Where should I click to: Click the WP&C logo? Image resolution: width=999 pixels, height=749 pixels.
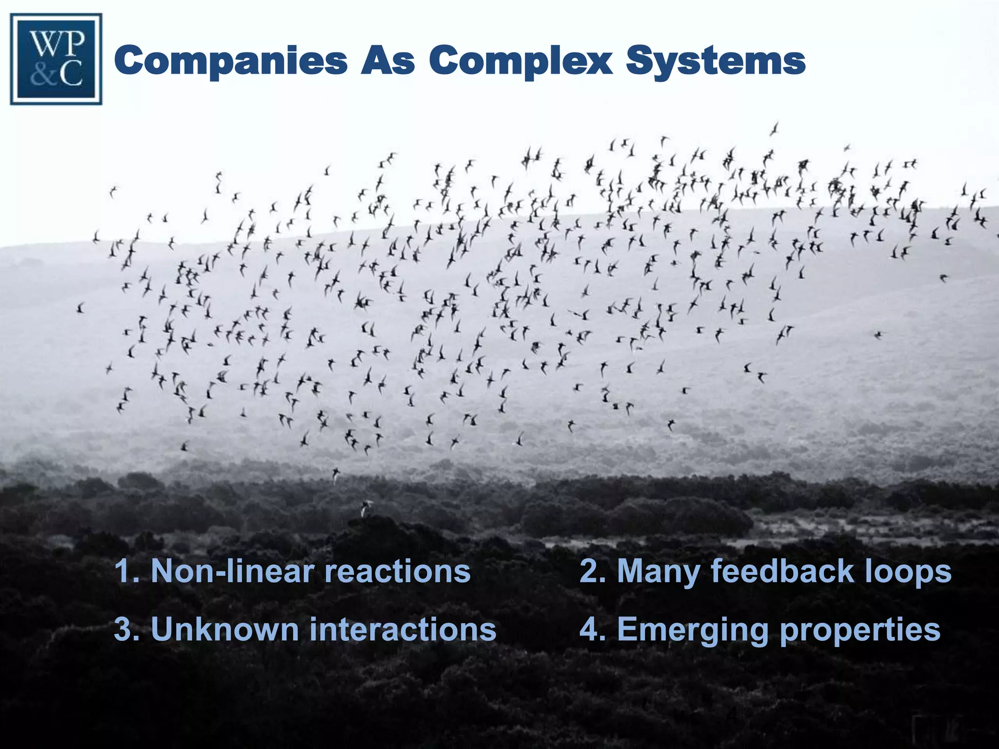56,59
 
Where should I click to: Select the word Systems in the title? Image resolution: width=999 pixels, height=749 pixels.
716,61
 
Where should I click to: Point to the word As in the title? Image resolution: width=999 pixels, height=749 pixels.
388,61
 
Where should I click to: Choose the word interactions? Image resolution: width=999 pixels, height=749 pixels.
403,630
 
